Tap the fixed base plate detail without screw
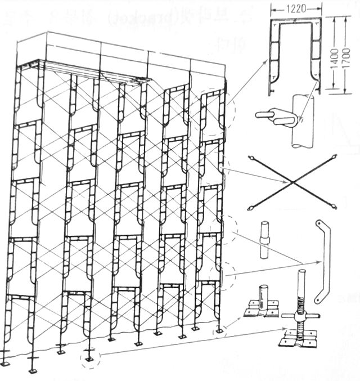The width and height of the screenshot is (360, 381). pyautogui.click(x=261, y=308)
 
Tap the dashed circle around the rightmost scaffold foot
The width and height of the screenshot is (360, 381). pyautogui.click(x=219, y=330)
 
